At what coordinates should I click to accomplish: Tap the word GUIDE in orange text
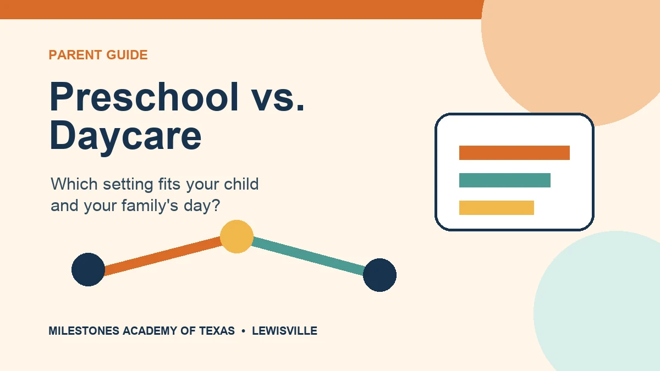click(127, 55)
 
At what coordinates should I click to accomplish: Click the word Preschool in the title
click(144, 97)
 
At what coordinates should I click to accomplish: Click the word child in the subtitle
click(241, 184)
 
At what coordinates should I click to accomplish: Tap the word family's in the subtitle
click(150, 206)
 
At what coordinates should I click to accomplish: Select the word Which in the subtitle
click(74, 184)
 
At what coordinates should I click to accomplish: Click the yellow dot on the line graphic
click(237, 236)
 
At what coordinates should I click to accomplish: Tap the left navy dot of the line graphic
click(89, 269)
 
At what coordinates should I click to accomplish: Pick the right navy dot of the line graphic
click(380, 275)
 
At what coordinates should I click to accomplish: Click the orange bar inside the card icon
click(514, 153)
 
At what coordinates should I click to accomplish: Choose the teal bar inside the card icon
click(505, 180)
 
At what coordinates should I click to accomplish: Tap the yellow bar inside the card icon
click(497, 208)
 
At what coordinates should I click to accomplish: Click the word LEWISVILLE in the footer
click(285, 331)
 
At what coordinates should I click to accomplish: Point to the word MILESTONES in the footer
click(84, 331)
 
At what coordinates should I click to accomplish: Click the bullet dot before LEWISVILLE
click(243, 331)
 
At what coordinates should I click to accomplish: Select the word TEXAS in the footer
click(217, 331)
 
